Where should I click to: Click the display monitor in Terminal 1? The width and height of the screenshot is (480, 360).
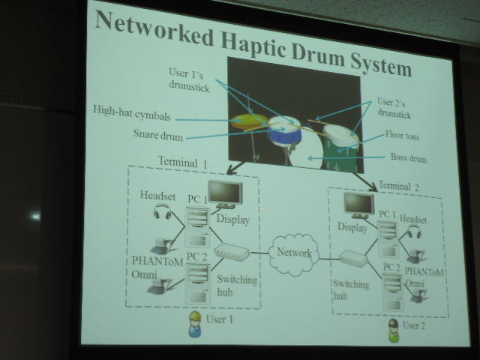point(223,193)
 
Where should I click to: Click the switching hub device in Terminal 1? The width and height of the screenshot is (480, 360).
point(230,253)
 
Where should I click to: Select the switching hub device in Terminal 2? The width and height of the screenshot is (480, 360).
point(352,259)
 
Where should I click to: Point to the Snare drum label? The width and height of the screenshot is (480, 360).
point(153,136)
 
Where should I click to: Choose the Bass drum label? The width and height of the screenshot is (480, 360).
point(409,157)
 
